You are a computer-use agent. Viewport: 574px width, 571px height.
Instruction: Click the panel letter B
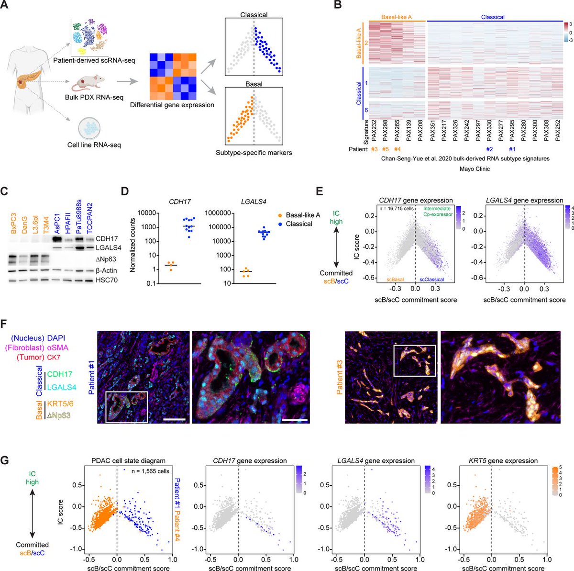(x=338, y=6)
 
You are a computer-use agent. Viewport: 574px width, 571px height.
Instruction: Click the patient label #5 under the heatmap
(x=386, y=149)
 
